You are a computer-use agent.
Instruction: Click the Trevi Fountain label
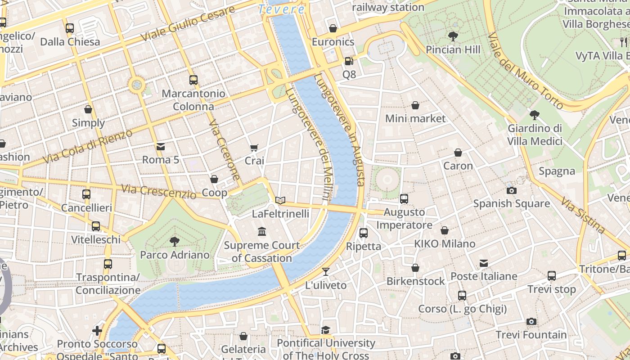coord(531,335)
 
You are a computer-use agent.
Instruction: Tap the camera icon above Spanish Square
coord(511,190)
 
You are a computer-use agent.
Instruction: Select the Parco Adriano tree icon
coord(175,242)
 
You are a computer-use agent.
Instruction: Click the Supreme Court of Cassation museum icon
coord(262,232)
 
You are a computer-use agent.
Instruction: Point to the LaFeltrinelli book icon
coord(280,200)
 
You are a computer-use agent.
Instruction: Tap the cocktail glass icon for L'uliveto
coord(326,272)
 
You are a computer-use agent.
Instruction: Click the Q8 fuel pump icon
coord(349,61)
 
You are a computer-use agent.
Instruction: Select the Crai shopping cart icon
coord(254,148)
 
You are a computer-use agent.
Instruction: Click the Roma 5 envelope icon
coord(161,147)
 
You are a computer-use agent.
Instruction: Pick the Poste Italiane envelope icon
coord(484,263)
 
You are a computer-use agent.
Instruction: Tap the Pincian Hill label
coord(453,49)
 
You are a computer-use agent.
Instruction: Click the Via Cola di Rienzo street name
coord(88,146)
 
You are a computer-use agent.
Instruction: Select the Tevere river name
coord(282,9)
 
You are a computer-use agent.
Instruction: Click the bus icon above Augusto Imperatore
coord(404,198)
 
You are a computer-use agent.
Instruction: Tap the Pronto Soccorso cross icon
coord(97,331)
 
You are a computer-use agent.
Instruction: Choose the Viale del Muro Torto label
coord(525,71)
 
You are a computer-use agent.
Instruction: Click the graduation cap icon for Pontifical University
coord(326,330)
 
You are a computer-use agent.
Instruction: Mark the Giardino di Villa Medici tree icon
coord(535,115)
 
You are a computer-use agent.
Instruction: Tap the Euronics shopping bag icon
coord(333,29)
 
